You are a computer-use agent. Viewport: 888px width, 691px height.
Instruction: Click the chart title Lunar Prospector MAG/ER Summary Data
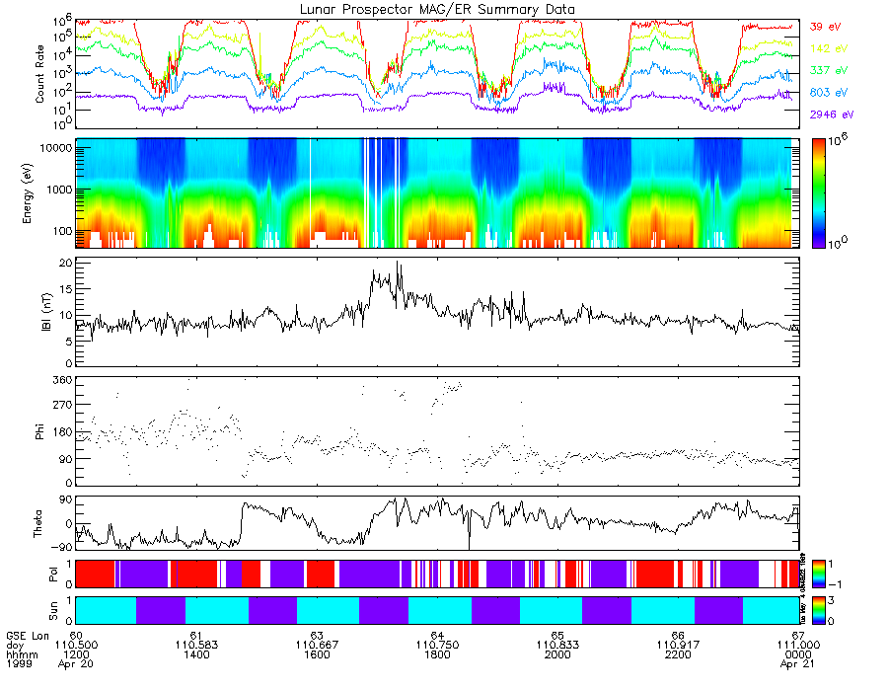438,9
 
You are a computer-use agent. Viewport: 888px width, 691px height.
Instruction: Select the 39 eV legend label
822,27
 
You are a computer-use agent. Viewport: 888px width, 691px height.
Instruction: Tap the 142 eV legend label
824,48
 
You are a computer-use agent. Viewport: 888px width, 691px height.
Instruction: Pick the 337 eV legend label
824,70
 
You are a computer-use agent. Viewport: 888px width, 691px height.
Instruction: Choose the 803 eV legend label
824,92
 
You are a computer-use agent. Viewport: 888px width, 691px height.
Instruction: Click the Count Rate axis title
40,75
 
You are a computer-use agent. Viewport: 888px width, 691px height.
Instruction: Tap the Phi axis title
40,430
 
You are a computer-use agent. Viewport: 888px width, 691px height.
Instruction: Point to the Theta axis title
40,523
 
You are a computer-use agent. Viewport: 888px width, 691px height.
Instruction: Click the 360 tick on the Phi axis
61,380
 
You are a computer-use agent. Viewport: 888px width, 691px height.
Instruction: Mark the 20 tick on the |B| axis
64,264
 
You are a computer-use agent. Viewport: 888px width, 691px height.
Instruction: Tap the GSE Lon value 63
317,635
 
